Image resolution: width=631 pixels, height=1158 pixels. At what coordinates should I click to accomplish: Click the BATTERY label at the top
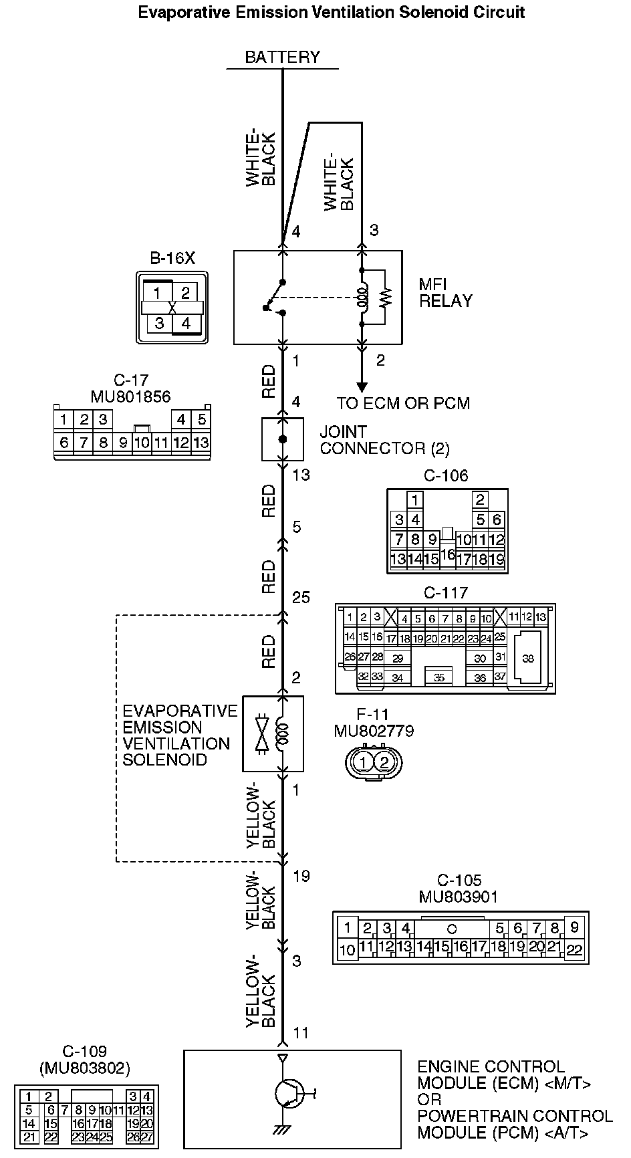pyautogui.click(x=282, y=57)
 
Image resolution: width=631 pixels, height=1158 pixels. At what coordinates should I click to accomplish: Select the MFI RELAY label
pyautogui.click(x=445, y=292)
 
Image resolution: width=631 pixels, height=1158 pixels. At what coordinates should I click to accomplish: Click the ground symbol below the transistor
pyautogui.click(x=283, y=1129)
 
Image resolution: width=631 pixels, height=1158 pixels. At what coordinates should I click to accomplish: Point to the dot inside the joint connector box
pyautogui.click(x=283, y=439)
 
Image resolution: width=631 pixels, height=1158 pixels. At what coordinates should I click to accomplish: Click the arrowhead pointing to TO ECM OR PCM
pyautogui.click(x=362, y=387)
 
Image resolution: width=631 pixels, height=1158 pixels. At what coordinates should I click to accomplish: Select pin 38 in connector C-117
pyautogui.click(x=528, y=659)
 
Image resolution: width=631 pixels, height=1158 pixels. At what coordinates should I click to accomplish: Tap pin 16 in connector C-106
pyautogui.click(x=447, y=554)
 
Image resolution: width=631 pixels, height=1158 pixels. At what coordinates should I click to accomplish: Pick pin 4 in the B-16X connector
pyautogui.click(x=186, y=323)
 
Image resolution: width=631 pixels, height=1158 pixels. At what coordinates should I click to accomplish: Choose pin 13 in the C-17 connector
pyautogui.click(x=201, y=442)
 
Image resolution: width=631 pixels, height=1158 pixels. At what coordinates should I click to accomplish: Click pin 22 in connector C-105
pyautogui.click(x=574, y=949)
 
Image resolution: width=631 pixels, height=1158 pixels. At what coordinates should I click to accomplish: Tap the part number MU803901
pyautogui.click(x=459, y=897)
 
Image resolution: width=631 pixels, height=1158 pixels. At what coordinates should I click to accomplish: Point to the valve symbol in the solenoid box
pyautogui.click(x=263, y=733)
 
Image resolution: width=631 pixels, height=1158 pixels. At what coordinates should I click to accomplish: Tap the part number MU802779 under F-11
pyautogui.click(x=374, y=731)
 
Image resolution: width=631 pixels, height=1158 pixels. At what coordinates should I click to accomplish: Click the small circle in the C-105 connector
pyautogui.click(x=452, y=928)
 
